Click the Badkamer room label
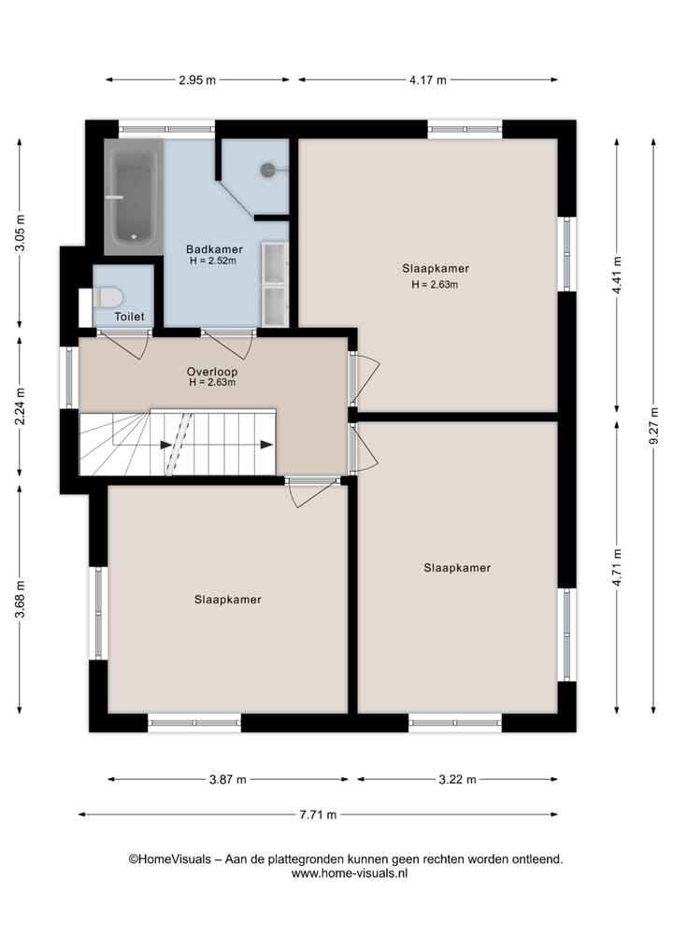point(214,249)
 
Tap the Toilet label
point(130,317)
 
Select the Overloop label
point(212,372)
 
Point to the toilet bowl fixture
point(107,297)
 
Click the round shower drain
point(268,170)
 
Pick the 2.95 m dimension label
point(197,80)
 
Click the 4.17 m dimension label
point(427,80)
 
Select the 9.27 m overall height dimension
point(653,426)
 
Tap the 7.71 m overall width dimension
point(318,815)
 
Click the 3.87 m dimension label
point(228,780)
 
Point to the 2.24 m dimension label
point(20,406)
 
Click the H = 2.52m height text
point(213,262)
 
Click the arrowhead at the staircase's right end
point(266,445)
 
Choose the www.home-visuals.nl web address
point(350,873)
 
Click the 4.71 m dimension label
point(617,567)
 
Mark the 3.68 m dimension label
point(20,599)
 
